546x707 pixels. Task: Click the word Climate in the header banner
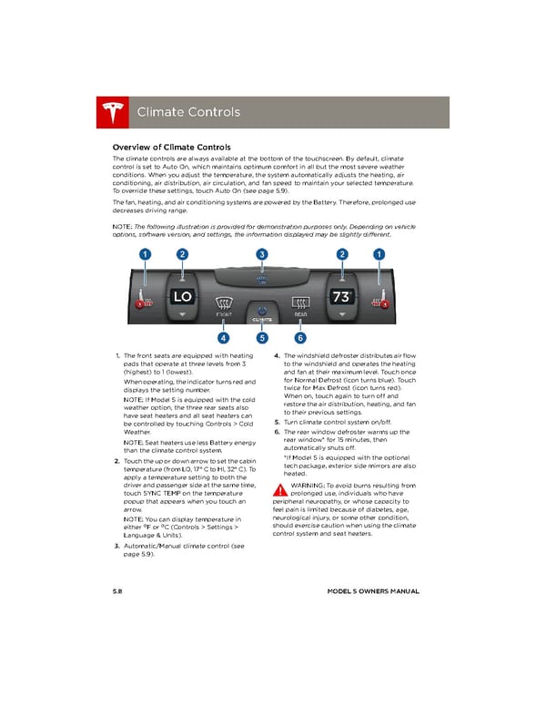pos(160,112)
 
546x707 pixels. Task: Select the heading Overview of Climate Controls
pos(170,147)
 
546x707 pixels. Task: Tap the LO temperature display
pos(182,296)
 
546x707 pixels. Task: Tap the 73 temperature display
pos(342,296)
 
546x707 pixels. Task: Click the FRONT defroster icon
pos(222,304)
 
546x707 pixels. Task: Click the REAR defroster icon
pos(300,304)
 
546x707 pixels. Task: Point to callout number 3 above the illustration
pos(262,253)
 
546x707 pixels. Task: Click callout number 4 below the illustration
pos(222,340)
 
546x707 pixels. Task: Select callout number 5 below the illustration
pos(262,340)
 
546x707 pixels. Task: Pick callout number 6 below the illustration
pos(301,340)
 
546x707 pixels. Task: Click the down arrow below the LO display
pos(182,315)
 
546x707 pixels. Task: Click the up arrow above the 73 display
pos(342,276)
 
